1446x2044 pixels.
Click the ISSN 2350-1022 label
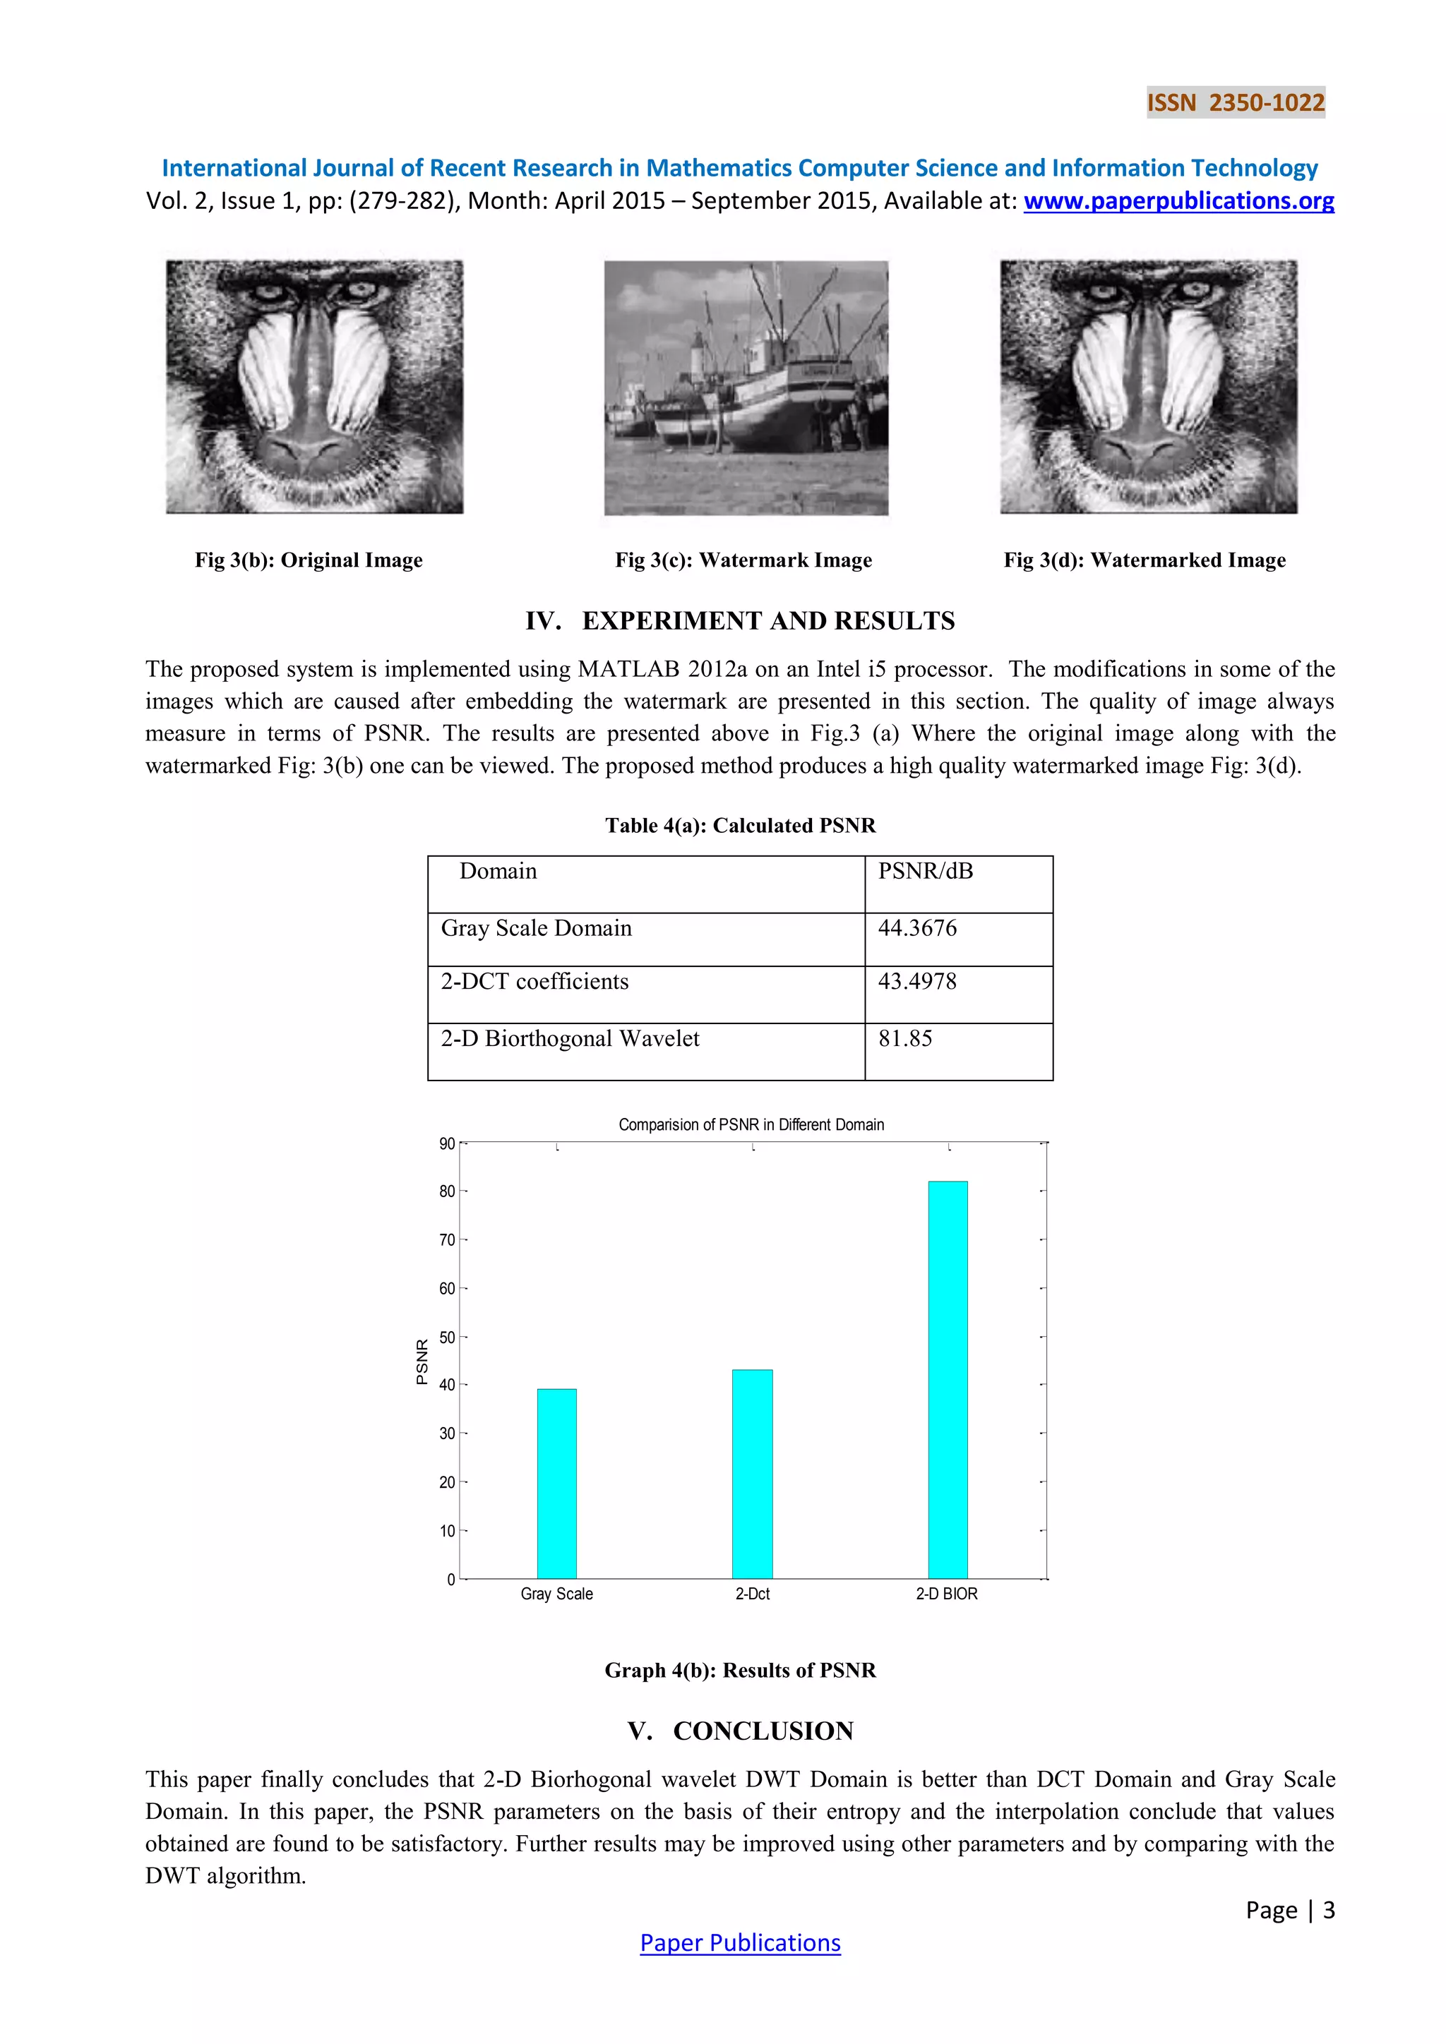point(1235,102)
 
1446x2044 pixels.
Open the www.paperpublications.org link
point(1178,201)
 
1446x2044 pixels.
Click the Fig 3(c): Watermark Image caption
point(743,560)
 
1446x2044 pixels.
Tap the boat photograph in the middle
point(746,387)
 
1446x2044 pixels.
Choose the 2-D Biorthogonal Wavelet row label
point(570,1039)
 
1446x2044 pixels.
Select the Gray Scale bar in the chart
point(556,1484)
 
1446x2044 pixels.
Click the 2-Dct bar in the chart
point(753,1474)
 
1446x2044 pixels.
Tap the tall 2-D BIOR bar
point(948,1380)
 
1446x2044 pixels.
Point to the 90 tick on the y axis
point(447,1144)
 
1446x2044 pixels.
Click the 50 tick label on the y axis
point(447,1337)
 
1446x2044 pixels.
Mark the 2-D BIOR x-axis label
point(947,1594)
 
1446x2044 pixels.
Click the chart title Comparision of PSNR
point(751,1125)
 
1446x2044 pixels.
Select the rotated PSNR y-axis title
point(422,1361)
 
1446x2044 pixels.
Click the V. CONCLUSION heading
point(740,1731)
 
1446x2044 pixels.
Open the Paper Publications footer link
point(740,1943)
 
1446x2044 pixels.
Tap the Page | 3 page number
point(1289,1911)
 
